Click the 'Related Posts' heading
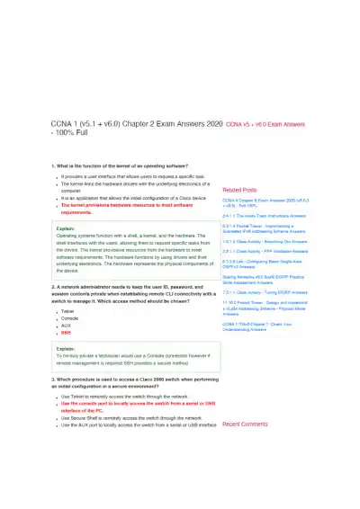pyautogui.click(x=239, y=191)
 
